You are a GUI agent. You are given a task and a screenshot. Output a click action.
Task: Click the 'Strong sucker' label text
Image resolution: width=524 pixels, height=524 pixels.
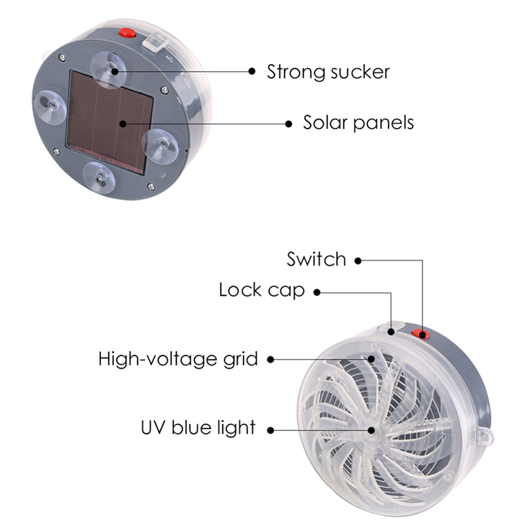point(328,72)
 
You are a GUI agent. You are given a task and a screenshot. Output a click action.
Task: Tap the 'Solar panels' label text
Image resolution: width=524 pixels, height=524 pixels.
point(358,122)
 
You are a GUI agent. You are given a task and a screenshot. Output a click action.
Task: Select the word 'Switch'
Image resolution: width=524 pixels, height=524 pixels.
point(316,259)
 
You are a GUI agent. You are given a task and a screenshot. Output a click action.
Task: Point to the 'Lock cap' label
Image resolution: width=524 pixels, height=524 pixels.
point(261,290)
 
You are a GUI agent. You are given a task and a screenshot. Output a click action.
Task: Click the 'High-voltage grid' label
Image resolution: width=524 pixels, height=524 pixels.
point(178,359)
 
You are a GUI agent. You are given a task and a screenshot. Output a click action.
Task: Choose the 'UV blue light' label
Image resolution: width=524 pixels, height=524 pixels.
point(198,428)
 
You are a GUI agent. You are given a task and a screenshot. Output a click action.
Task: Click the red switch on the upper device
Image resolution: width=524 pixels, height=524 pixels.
point(128,33)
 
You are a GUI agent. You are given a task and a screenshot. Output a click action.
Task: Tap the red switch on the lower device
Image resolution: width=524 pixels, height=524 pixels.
point(421,333)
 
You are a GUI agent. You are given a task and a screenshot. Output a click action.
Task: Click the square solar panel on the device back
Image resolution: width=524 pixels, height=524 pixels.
point(110,122)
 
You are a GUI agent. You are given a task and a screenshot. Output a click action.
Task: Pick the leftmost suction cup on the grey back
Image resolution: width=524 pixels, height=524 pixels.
point(51,107)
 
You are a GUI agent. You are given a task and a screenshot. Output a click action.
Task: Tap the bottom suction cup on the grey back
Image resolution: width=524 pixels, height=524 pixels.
point(100,178)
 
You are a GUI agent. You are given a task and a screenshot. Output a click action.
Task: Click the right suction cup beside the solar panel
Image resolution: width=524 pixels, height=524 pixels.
point(160,145)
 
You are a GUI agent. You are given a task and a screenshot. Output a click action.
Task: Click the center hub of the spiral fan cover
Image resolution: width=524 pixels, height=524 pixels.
point(371,430)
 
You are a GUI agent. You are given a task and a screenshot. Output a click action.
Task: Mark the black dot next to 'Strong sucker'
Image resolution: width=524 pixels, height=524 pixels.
point(252,71)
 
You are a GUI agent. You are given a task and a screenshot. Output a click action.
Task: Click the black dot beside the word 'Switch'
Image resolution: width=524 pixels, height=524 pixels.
point(358,261)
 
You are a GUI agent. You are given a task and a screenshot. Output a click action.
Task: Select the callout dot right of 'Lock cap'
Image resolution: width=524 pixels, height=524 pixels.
point(317,292)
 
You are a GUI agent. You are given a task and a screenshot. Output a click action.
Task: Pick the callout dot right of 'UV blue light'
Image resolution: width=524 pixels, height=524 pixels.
point(271,430)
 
